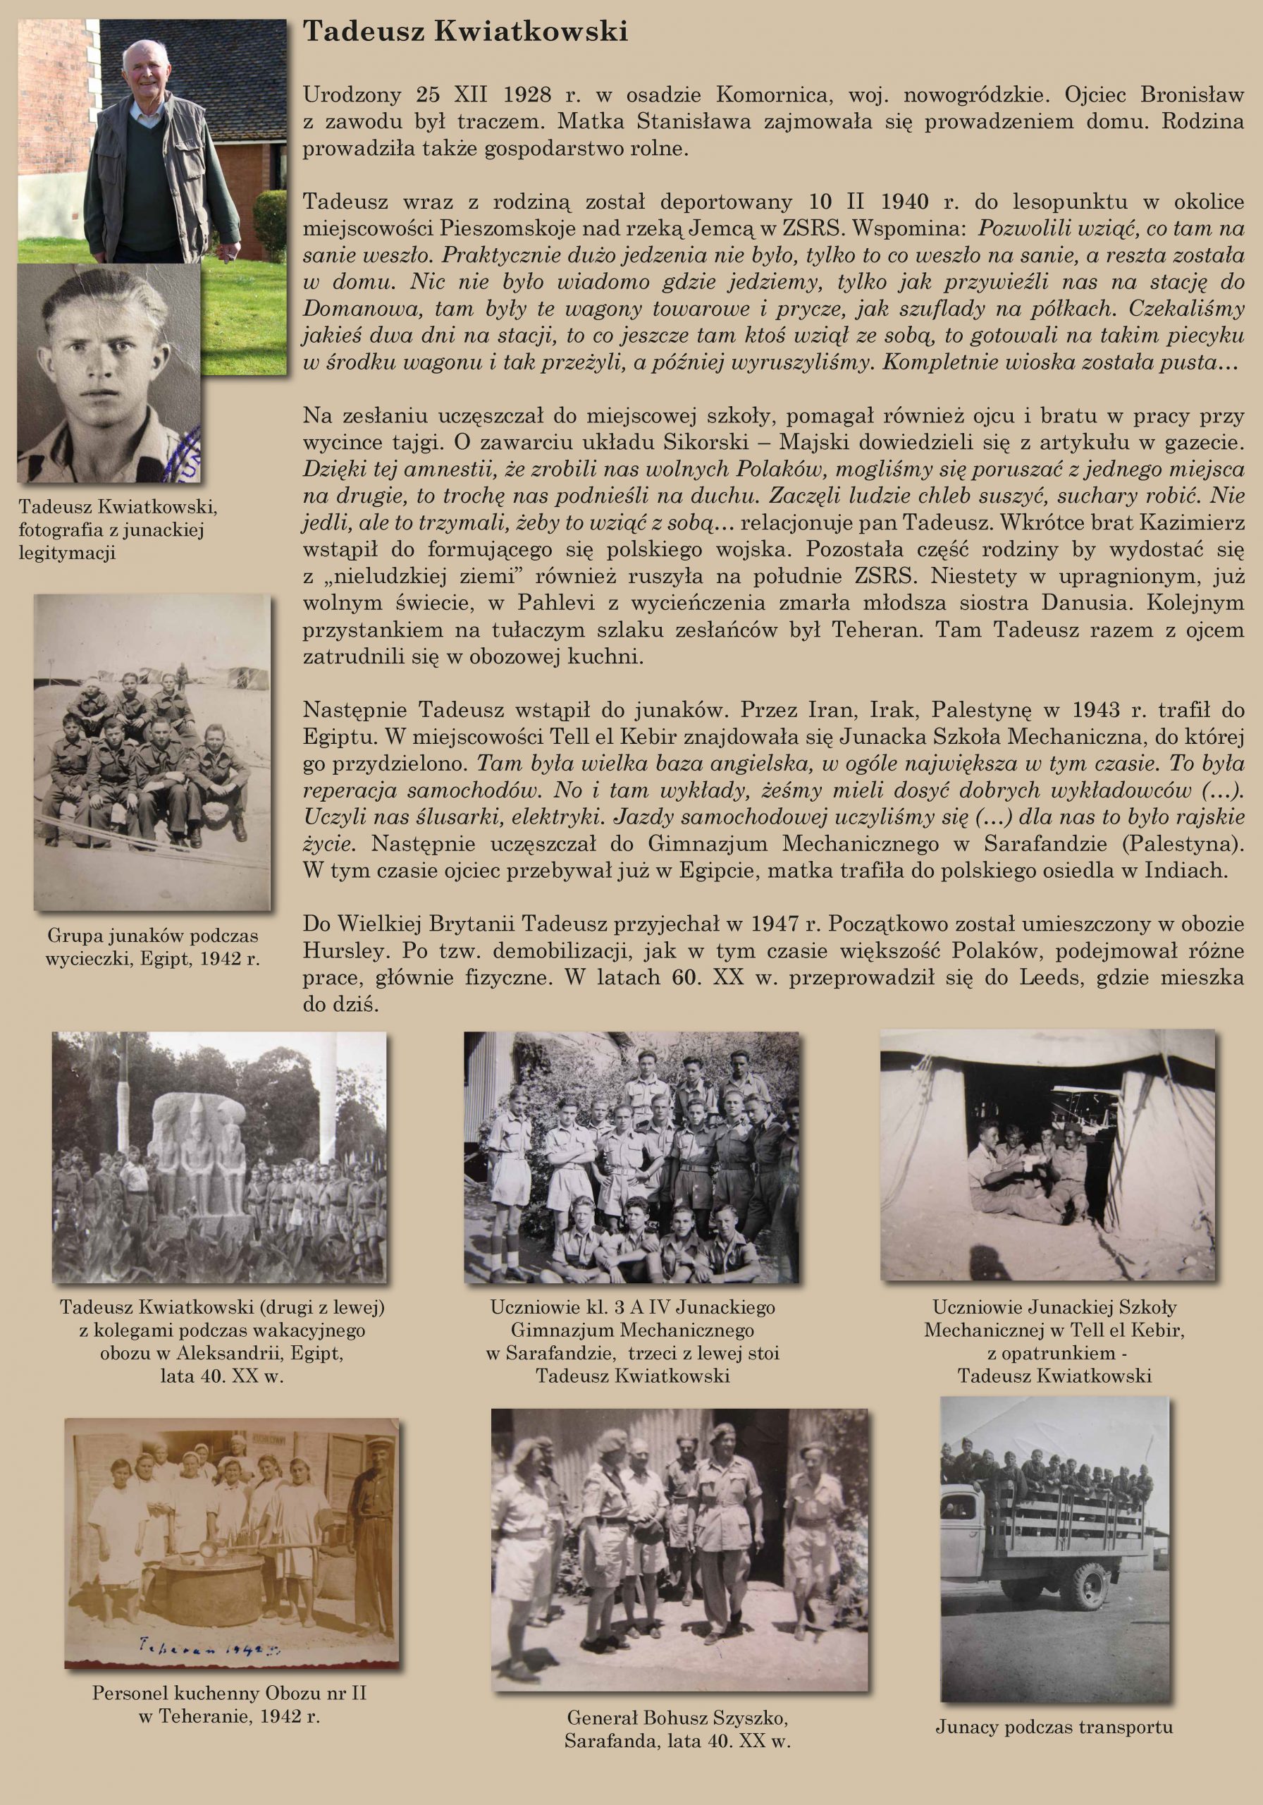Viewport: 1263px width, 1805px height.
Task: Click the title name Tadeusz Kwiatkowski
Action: (x=465, y=32)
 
